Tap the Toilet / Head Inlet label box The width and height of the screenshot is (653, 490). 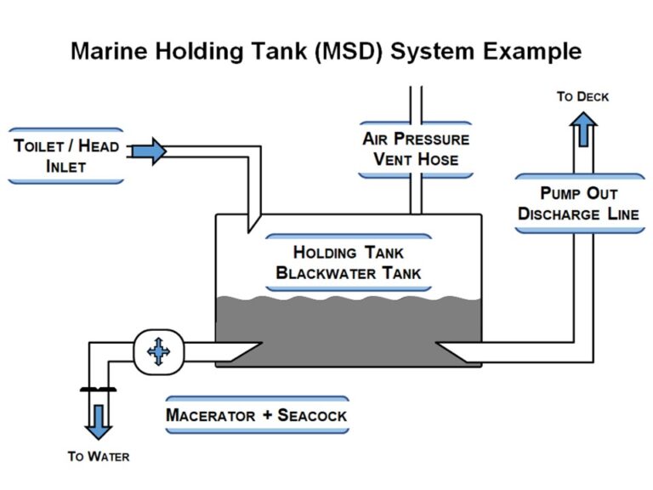tap(65, 156)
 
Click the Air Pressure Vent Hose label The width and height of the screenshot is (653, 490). tap(415, 149)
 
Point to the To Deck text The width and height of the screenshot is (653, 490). tap(582, 96)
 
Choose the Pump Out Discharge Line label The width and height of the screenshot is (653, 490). tap(577, 203)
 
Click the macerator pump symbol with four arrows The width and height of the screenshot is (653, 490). tap(157, 350)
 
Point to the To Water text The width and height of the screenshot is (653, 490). tap(99, 457)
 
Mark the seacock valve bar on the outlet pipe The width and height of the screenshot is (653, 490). tap(99, 390)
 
